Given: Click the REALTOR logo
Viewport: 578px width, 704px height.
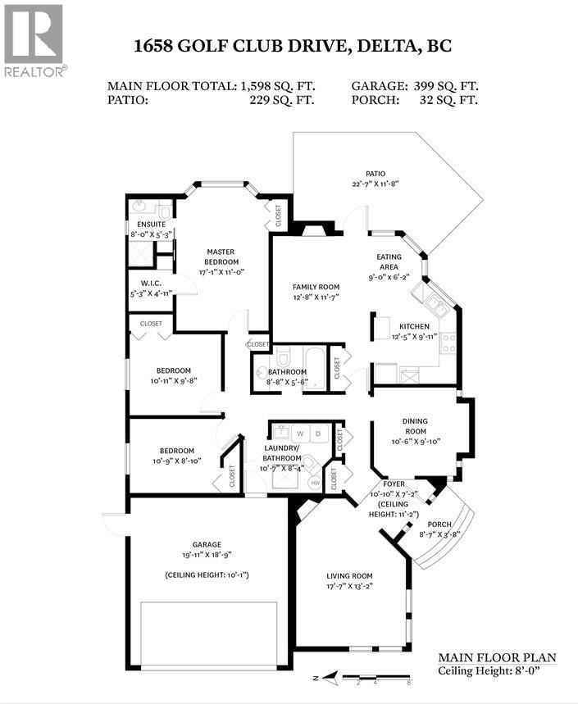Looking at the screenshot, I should (x=34, y=41).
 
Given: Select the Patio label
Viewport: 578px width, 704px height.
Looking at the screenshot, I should (x=375, y=174).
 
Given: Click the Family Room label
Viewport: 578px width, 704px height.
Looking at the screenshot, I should (x=316, y=287).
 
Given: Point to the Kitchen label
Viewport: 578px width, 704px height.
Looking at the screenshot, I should (x=414, y=326).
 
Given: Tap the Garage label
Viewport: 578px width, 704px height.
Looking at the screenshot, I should (x=207, y=544).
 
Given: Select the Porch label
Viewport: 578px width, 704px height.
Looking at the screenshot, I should (x=439, y=525).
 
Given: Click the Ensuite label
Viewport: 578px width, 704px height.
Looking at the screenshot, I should (x=151, y=224).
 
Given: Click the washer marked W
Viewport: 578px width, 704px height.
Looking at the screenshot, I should (x=300, y=432).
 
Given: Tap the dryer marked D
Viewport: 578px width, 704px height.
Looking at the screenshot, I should (x=320, y=432).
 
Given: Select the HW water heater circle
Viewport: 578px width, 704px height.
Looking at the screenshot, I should (x=315, y=484).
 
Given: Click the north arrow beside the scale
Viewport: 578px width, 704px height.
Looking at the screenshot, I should (x=330, y=678).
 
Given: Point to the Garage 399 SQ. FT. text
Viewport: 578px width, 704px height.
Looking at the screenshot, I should (x=415, y=85).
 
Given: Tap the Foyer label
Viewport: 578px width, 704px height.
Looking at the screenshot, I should (x=383, y=484).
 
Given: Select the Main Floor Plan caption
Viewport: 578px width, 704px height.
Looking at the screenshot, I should (x=497, y=657).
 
